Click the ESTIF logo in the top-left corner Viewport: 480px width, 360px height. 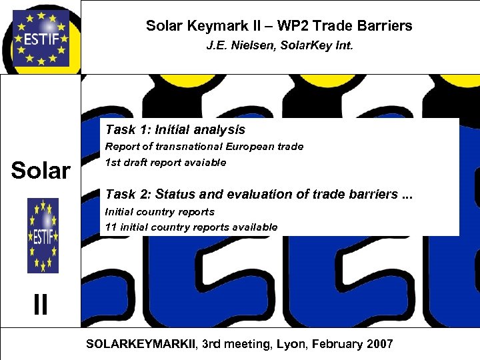coord(41,37)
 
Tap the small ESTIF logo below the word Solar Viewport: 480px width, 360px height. coord(43,235)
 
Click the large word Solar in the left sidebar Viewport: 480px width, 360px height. coord(41,171)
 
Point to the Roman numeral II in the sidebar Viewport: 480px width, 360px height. coord(41,305)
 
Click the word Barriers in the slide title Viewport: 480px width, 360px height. coord(383,26)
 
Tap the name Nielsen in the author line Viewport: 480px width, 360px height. coord(249,48)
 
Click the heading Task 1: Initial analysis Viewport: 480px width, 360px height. coord(175,130)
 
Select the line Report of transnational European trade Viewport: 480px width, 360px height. coord(204,147)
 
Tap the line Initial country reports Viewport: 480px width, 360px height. coord(160,212)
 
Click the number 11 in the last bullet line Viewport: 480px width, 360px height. coord(111,227)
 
